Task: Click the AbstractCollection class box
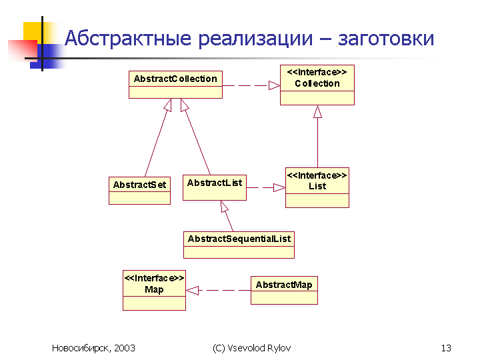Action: point(175,85)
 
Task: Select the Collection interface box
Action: point(317,85)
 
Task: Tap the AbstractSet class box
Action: point(139,191)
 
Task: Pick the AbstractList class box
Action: point(215,187)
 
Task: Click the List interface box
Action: point(317,187)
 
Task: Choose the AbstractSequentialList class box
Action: point(239,245)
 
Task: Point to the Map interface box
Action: point(154,290)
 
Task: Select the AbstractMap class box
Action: point(284,290)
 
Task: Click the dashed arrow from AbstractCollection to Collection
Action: point(251,85)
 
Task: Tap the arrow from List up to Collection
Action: point(317,136)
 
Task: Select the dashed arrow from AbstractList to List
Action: point(266,187)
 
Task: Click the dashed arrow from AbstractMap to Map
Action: point(218,290)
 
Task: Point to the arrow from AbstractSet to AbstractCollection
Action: point(158,137)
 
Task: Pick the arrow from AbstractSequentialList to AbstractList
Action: point(227,216)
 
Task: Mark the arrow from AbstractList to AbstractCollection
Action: point(195,137)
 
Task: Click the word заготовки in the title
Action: point(386,39)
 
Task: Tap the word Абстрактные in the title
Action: point(128,38)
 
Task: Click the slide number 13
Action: point(446,348)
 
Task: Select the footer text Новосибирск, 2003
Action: point(93,349)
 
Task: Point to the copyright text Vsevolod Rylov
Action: point(259,348)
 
